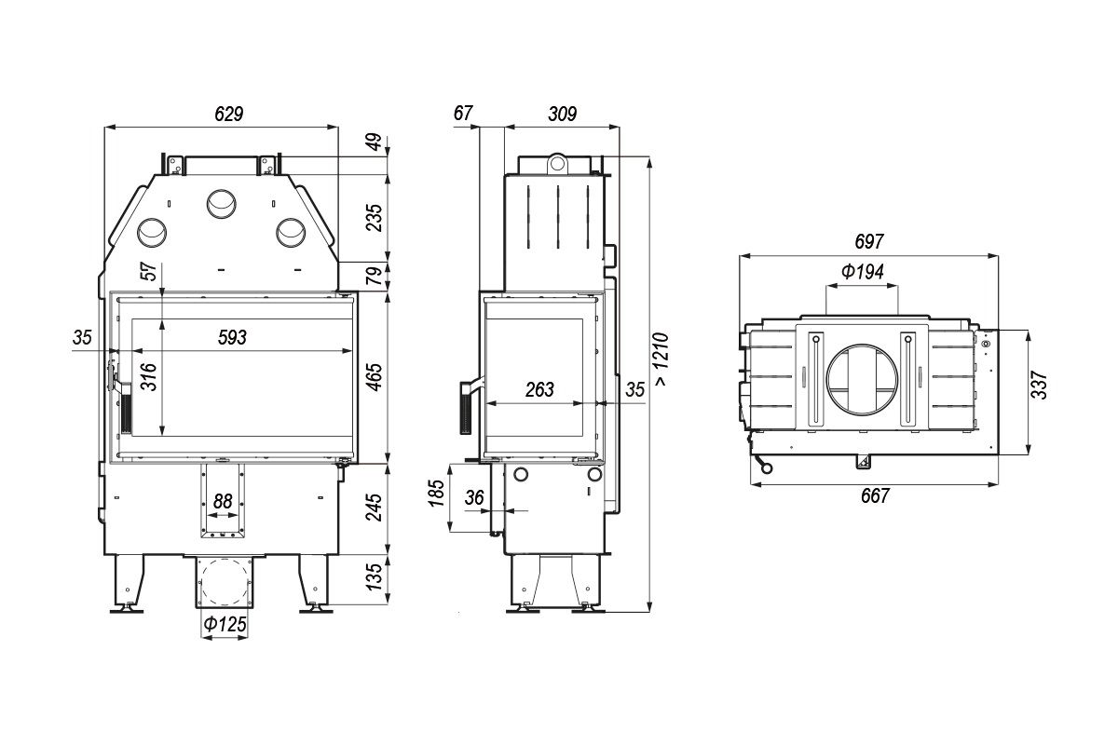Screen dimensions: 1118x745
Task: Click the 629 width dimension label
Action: [228, 115]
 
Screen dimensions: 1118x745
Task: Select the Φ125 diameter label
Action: [225, 624]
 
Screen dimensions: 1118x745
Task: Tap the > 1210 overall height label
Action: [661, 359]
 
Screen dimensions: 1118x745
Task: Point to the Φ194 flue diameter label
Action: [862, 271]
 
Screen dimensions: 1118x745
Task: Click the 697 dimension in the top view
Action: [869, 241]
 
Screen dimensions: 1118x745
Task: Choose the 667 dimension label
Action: [875, 495]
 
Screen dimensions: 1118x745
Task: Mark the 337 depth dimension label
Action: [1039, 385]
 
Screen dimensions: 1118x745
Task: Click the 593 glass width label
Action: [232, 337]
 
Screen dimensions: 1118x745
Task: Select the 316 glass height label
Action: [149, 377]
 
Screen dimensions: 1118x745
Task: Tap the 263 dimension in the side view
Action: [539, 389]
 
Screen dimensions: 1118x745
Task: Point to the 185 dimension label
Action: [437, 493]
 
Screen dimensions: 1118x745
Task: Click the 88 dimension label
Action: [223, 501]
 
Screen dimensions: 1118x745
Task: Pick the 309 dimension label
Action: [562, 115]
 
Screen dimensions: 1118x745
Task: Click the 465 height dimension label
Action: [374, 377]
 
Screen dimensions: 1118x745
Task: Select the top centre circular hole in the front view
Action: [222, 204]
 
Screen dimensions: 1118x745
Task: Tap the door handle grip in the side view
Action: [466, 408]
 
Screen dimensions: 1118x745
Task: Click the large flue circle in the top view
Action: [862, 379]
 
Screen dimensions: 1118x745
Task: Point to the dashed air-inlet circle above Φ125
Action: [225, 581]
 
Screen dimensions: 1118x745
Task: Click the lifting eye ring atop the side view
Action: [557, 163]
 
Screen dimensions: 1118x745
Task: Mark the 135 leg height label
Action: [374, 576]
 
